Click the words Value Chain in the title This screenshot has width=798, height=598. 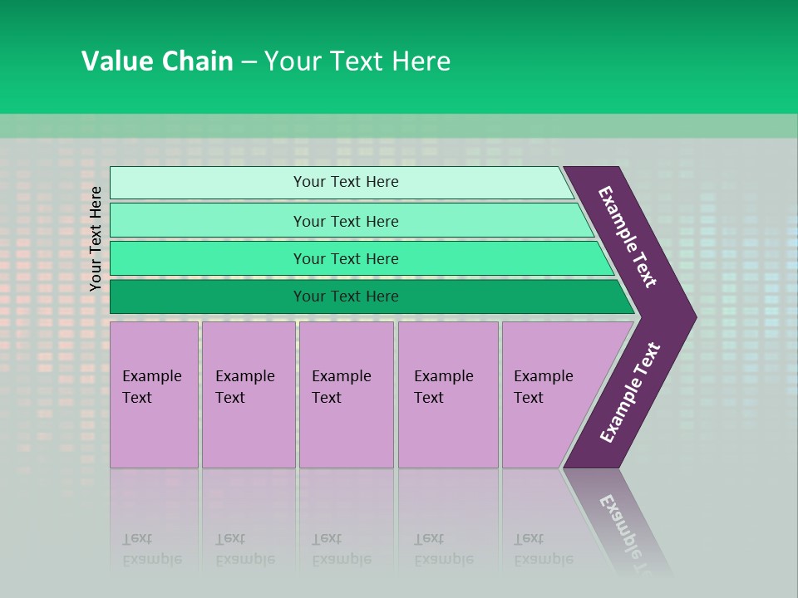pos(157,61)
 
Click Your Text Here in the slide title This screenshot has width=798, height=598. pos(357,61)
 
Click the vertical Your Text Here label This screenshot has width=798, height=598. pos(96,238)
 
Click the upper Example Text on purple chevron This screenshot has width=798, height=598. pos(628,237)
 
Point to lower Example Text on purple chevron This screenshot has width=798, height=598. pos(629,393)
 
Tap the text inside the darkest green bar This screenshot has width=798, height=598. pos(346,297)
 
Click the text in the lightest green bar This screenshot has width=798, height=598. pos(346,182)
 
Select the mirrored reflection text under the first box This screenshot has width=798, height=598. pos(151,549)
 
